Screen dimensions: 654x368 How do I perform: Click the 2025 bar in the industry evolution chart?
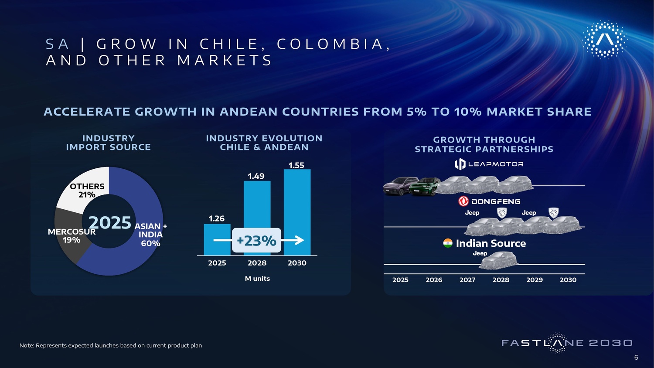217,239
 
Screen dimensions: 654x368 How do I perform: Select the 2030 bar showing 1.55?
297,212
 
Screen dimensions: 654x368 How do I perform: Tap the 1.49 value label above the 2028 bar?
256,176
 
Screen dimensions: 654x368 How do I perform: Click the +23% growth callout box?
256,240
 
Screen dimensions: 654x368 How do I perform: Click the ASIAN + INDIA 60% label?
151,235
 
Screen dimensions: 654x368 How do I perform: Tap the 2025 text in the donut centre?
110,222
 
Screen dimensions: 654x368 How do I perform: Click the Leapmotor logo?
489,164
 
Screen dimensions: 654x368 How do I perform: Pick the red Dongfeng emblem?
463,201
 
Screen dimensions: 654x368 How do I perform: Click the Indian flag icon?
448,243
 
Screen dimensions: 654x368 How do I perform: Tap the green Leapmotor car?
425,187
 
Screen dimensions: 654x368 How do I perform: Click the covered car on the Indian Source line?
498,260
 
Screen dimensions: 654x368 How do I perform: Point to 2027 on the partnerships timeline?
467,280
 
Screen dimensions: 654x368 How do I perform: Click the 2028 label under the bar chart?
257,263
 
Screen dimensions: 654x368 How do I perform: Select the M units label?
257,279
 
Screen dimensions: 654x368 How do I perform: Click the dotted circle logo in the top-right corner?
604,39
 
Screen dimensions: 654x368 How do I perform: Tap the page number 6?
636,357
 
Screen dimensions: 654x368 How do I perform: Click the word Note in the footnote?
26,345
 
